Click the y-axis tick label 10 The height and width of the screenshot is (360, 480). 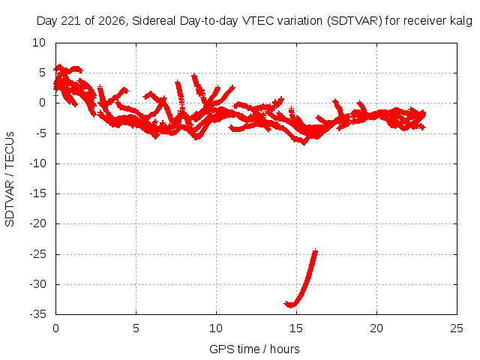tap(39, 43)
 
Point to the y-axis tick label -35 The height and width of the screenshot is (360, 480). tap(38, 314)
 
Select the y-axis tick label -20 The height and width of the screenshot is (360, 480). tap(38, 223)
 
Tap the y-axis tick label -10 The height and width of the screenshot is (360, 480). tap(38, 163)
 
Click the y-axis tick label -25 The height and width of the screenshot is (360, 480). tap(38, 253)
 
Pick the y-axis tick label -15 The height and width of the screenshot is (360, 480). tap(38, 193)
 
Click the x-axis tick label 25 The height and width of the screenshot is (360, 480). tap(457, 328)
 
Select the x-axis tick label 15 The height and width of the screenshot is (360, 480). tap(296, 328)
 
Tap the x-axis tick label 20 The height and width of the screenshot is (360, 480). tap(376, 328)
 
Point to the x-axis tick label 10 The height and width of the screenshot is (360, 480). tap(216, 328)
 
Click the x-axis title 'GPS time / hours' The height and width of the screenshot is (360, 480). tap(254, 349)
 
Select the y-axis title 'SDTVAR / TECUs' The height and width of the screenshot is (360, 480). tap(10, 179)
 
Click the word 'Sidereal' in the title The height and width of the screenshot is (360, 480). tap(154, 21)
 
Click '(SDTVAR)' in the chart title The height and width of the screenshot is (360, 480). tap(355, 21)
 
